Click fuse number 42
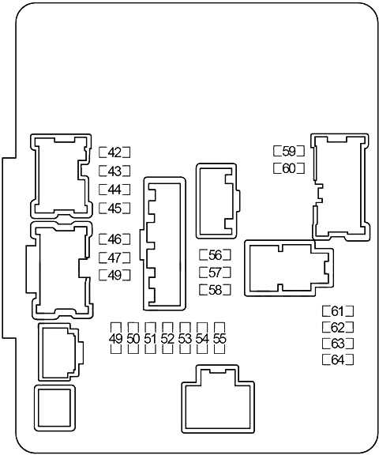point(114,152)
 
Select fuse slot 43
point(114,171)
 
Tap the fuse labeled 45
point(114,208)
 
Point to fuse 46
point(114,239)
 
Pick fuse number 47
point(114,258)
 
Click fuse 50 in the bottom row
point(133,338)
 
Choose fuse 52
point(167,338)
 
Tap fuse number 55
point(220,338)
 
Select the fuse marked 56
point(216,255)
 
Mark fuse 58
point(216,290)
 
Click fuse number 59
point(289,151)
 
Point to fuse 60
point(289,168)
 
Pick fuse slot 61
point(338,311)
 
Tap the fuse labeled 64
point(338,360)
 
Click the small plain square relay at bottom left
point(54,408)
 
